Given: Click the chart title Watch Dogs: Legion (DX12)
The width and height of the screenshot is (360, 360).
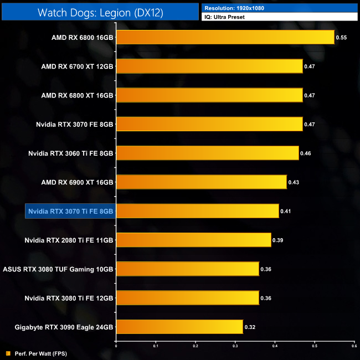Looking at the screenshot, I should [100, 12].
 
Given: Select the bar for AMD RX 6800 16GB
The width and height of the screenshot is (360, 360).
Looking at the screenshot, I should [225, 37].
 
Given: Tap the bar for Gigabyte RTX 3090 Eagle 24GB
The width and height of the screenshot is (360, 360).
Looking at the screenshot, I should [179, 327].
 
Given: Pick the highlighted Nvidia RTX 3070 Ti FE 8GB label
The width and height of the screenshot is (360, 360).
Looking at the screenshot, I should [70, 211].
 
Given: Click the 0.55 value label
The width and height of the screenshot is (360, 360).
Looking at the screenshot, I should [341, 37].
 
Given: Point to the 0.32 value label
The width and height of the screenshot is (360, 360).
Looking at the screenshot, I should [250, 327].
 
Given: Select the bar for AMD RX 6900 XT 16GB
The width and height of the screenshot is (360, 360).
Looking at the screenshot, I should [201, 182].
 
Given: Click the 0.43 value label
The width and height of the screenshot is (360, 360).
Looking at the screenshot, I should [294, 182].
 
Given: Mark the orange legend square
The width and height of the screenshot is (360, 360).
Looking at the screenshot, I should [8, 353].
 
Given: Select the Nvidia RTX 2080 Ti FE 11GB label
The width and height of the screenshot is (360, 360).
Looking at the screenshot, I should [69, 240].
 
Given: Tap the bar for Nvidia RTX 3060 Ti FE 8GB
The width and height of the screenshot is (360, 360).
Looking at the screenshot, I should [207, 153].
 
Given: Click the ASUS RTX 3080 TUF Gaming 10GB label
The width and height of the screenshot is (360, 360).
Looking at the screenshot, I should [58, 269].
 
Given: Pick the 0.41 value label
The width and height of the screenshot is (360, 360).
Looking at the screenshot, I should [286, 211].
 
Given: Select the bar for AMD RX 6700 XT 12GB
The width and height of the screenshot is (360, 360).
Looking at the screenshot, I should [209, 66].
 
